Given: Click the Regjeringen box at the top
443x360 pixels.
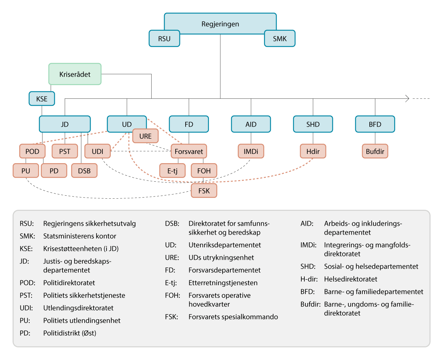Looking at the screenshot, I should click(x=220, y=24).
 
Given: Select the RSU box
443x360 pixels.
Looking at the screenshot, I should click(x=164, y=38).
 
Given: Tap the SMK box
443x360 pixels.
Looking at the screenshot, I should click(x=280, y=38).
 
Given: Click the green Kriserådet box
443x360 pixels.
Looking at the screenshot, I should click(x=75, y=74).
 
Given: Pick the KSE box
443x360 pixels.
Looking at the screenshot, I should click(x=42, y=99).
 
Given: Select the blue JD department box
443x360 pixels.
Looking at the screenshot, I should click(x=65, y=124).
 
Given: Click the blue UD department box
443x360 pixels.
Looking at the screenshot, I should click(x=126, y=124).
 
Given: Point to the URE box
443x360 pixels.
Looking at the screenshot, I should click(x=145, y=136).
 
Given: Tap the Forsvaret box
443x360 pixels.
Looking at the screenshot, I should click(x=189, y=151).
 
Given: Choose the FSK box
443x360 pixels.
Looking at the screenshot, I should click(x=204, y=191).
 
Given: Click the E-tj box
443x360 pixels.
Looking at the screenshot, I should click(x=172, y=171).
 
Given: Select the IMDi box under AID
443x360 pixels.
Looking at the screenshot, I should click(x=251, y=151).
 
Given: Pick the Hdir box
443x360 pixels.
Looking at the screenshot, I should click(x=313, y=151).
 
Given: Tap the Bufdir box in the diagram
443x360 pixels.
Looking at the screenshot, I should click(x=375, y=151).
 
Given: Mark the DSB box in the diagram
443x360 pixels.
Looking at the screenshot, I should click(x=85, y=171).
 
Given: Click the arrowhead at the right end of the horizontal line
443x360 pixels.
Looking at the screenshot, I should click(x=407, y=98).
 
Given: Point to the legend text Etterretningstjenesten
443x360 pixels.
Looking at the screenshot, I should click(x=223, y=283).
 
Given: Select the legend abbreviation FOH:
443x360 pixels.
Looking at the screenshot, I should click(x=172, y=296).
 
